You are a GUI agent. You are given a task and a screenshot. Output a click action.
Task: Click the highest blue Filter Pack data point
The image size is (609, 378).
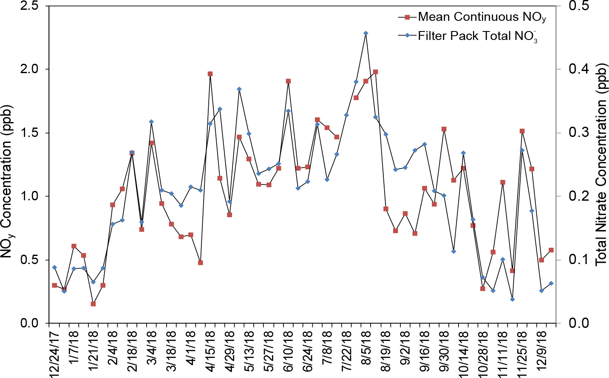point(365,33)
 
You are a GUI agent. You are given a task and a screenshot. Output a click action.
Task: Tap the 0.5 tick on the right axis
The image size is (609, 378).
point(578,6)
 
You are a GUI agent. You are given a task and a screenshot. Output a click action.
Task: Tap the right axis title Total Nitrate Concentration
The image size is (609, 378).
point(601,165)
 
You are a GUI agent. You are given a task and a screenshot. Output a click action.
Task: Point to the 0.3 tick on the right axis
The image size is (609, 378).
point(578,133)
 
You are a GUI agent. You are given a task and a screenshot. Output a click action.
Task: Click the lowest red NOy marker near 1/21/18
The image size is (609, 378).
point(93,304)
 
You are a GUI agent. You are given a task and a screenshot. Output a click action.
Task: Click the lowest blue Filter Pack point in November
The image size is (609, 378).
point(512,299)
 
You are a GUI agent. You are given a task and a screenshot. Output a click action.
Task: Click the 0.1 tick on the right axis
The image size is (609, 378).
point(578,259)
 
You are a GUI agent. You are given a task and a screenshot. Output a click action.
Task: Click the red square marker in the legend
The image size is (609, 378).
point(407,17)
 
